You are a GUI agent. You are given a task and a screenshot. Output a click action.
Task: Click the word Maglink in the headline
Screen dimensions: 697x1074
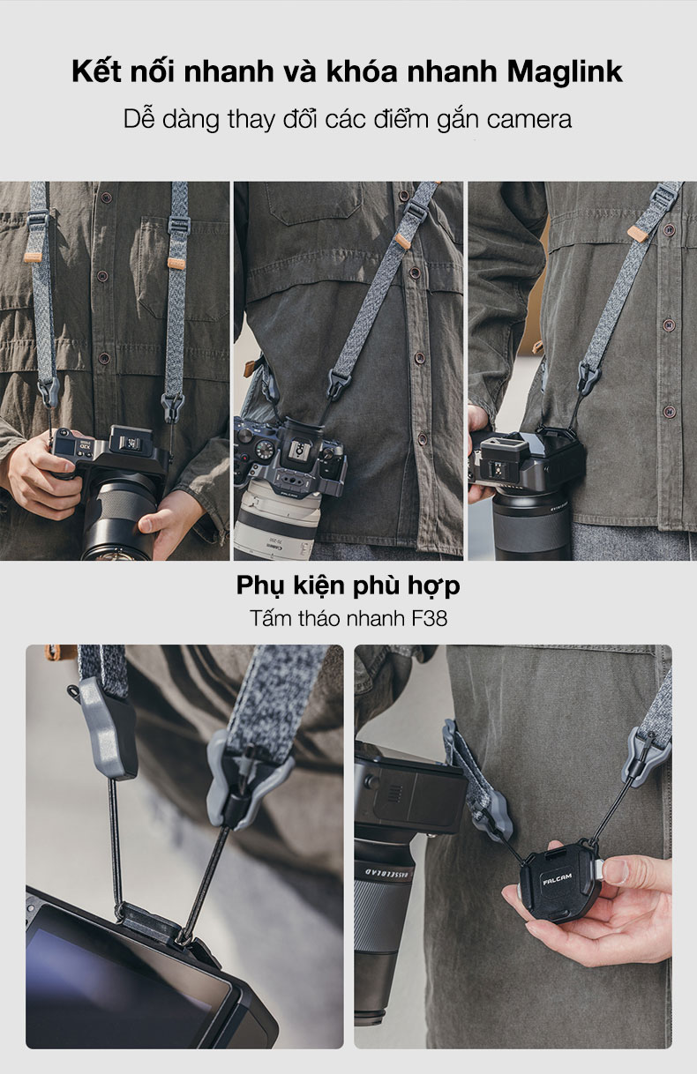click(565, 73)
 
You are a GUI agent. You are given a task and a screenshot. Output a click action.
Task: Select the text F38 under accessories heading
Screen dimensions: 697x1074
click(430, 618)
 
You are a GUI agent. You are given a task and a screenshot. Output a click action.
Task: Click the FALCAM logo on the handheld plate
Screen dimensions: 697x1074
click(558, 879)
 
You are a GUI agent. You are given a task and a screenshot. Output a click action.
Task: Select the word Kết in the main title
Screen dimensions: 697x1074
click(97, 72)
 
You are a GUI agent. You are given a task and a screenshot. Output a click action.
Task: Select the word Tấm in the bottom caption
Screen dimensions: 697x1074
click(270, 618)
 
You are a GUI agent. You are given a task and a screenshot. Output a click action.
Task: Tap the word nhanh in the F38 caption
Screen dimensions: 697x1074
click(376, 619)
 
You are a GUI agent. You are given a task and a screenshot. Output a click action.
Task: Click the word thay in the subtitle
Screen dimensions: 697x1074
click(251, 120)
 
